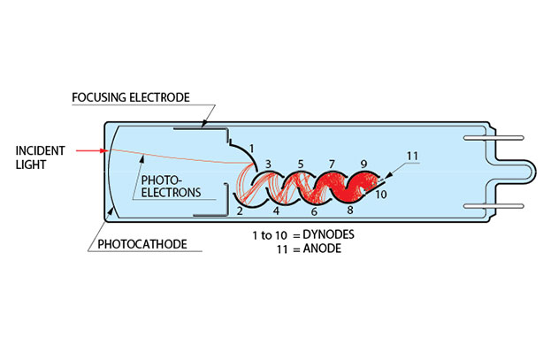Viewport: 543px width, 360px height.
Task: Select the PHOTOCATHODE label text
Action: (143, 244)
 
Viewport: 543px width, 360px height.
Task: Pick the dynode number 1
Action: (251, 146)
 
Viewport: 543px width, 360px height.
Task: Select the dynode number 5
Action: (301, 164)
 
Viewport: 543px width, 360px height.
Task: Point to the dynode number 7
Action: (332, 164)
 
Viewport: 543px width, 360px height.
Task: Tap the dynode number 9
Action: (363, 164)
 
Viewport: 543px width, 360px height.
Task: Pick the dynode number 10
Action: (380, 193)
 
